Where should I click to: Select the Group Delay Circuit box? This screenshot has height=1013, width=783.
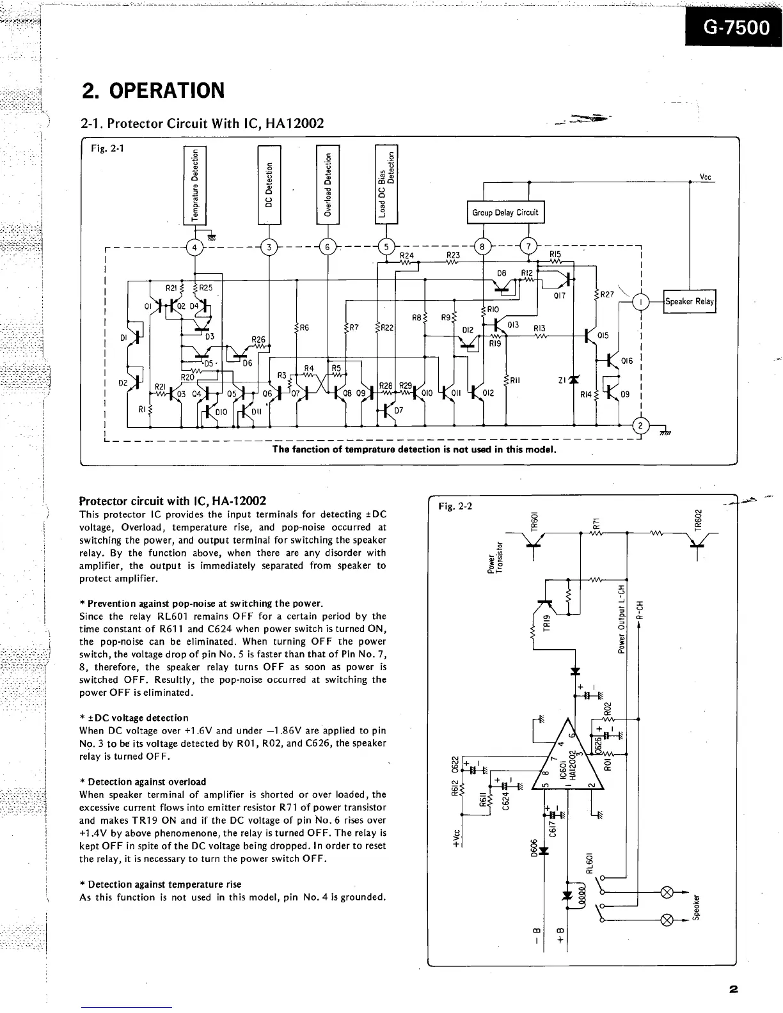pyautogui.click(x=505, y=212)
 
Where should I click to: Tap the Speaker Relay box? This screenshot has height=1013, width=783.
pyautogui.click(x=690, y=301)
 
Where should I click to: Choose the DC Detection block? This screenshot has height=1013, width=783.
pyautogui.click(x=269, y=185)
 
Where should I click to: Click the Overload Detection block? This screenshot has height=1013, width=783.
pyautogui.click(x=328, y=185)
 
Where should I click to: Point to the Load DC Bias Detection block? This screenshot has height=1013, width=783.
pyautogui.click(x=386, y=185)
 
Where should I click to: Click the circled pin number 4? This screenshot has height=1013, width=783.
pyautogui.click(x=194, y=247)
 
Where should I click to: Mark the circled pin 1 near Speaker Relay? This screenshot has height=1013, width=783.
pyautogui.click(x=640, y=301)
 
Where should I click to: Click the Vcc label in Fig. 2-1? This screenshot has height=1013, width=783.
pyautogui.click(x=706, y=177)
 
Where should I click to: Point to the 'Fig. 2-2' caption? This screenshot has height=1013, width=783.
pyautogui.click(x=452, y=506)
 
